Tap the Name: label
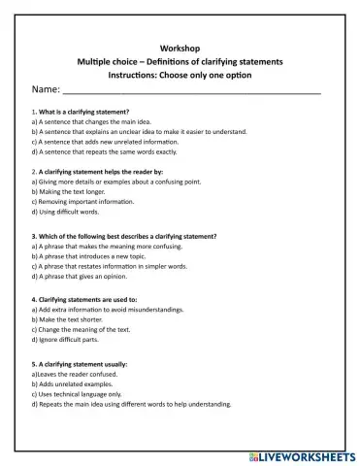tap(46, 88)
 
